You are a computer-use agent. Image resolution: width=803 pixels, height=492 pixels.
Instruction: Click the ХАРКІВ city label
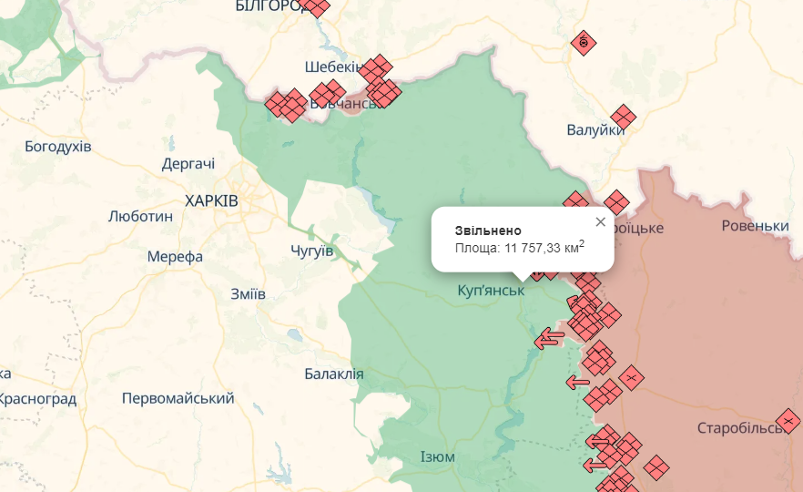pos(211,200)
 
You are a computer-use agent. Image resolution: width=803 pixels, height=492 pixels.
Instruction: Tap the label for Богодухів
pos(58,146)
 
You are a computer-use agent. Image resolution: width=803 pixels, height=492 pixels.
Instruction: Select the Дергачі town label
pos(188,164)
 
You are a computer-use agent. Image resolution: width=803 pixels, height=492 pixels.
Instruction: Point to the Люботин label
pos(140,217)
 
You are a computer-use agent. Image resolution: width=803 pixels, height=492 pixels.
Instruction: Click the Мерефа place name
pos(174,257)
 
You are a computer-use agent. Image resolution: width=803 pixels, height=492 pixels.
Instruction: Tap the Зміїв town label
pos(249,293)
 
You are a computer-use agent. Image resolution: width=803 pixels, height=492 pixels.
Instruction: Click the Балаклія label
pos(334,374)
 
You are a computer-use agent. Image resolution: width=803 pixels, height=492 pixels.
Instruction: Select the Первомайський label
pos(178,398)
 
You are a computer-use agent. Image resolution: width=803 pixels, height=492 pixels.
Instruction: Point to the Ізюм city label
pos(438,456)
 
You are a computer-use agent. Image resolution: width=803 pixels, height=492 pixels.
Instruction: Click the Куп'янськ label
pos(491,291)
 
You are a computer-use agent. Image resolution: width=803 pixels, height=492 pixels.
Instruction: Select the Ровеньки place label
pos(755,225)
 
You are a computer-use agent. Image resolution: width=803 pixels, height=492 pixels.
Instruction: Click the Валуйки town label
pos(595,130)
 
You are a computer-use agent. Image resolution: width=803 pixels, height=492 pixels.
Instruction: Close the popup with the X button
pos(600,221)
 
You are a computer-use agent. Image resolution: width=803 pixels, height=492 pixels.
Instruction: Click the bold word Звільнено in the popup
pos(488,230)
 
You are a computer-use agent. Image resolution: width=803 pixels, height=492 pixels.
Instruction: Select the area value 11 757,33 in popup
pos(533,248)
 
